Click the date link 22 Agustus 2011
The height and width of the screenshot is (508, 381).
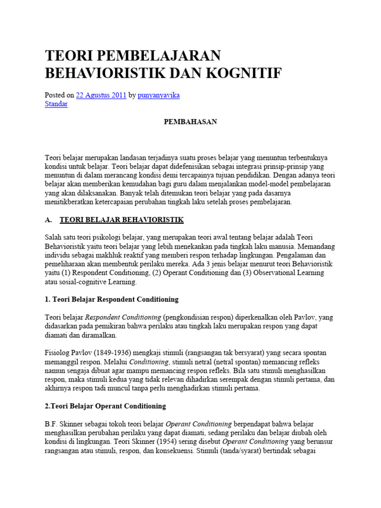click(101, 95)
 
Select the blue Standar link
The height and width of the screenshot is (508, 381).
click(56, 104)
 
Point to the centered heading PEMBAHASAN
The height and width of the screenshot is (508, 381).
click(190, 122)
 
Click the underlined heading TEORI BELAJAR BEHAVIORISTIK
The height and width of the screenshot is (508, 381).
click(122, 219)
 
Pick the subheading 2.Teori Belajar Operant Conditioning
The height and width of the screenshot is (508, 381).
click(105, 406)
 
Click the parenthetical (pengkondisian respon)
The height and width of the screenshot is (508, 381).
click(200, 317)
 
